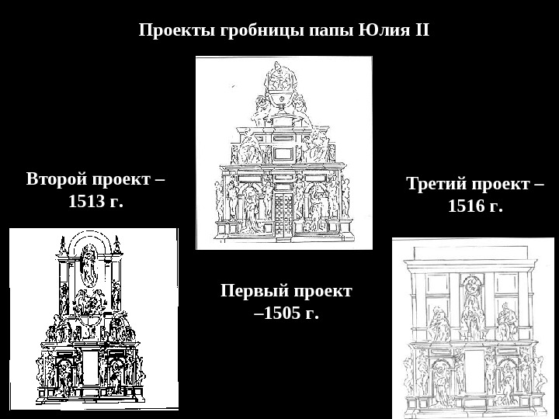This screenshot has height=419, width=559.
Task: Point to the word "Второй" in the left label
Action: click(x=57, y=180)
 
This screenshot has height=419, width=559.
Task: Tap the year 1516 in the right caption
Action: click(x=467, y=207)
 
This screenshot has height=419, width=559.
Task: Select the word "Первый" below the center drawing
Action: click(x=253, y=291)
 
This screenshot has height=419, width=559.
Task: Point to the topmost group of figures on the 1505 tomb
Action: click(x=283, y=85)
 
